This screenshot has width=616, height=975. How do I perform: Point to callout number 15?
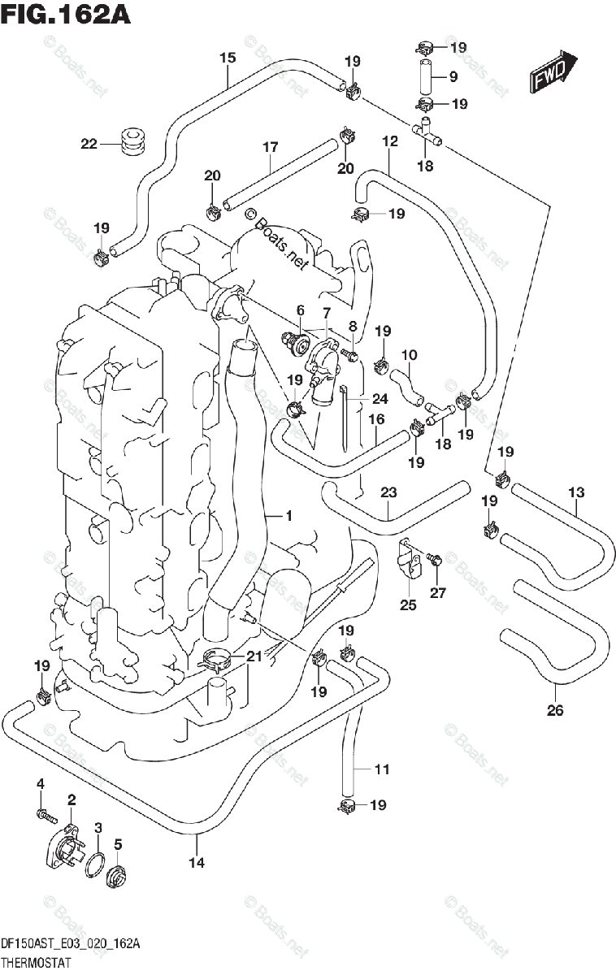coord(228,58)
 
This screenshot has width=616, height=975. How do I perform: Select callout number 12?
coord(390,141)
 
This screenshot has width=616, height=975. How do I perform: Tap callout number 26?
coord(554,711)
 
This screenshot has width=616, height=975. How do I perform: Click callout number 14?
coord(194,863)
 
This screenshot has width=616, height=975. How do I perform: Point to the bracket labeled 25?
coord(409,561)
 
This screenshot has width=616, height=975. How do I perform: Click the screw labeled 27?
coord(433,558)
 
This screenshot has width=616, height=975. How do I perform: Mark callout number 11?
coord(382,769)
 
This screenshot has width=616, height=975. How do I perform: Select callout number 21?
coord(255,656)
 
